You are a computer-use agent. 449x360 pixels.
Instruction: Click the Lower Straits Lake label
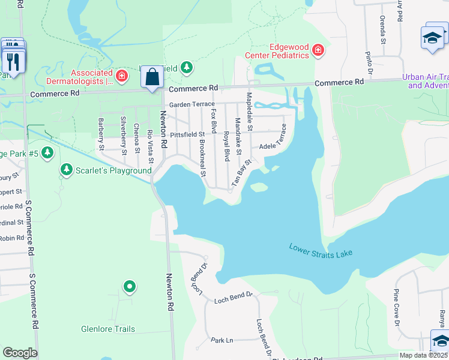click(x=321, y=250)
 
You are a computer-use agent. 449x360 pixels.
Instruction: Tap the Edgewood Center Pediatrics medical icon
click(x=318, y=52)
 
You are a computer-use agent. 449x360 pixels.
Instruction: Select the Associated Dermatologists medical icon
click(x=122, y=76)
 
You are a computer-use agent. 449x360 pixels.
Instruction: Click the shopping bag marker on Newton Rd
click(x=152, y=77)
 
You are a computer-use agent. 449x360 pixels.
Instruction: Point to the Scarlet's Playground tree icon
click(x=66, y=170)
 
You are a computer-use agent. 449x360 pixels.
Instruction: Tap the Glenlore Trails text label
click(x=108, y=329)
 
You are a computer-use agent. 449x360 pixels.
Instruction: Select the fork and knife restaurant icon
click(x=13, y=61)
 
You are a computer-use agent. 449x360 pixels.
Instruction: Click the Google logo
click(x=20, y=353)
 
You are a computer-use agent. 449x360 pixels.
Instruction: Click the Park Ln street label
click(x=221, y=340)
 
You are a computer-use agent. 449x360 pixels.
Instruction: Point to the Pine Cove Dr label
click(x=396, y=307)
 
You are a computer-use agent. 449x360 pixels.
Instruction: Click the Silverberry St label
click(x=124, y=135)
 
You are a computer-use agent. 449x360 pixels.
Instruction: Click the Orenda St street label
click(x=382, y=30)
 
